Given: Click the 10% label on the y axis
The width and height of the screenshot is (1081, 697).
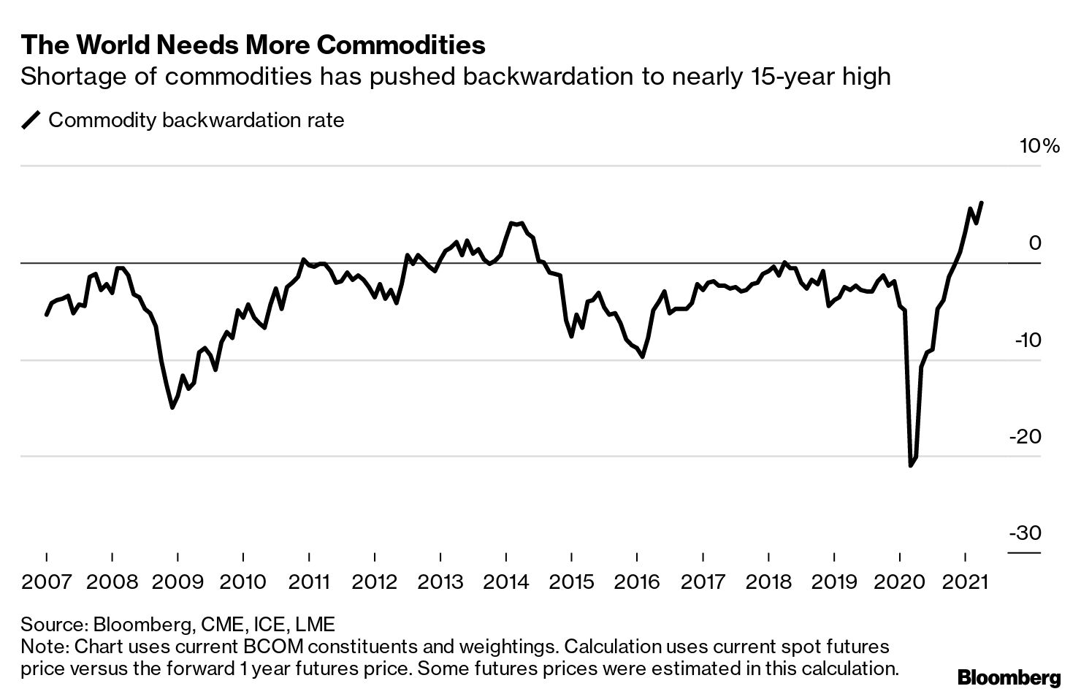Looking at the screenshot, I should pyautogui.click(x=1039, y=146).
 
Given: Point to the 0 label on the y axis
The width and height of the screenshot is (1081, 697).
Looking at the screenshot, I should pyautogui.click(x=1034, y=243).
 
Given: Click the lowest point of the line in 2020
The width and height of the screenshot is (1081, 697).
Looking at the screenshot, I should pyautogui.click(x=910, y=465).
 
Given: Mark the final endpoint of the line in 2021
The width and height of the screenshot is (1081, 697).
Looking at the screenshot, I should pyautogui.click(x=981, y=202).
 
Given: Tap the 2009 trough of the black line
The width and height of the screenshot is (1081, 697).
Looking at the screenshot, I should pyautogui.click(x=172, y=408).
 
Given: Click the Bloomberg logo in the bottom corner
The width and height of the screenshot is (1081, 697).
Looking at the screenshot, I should pyautogui.click(x=1009, y=677).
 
